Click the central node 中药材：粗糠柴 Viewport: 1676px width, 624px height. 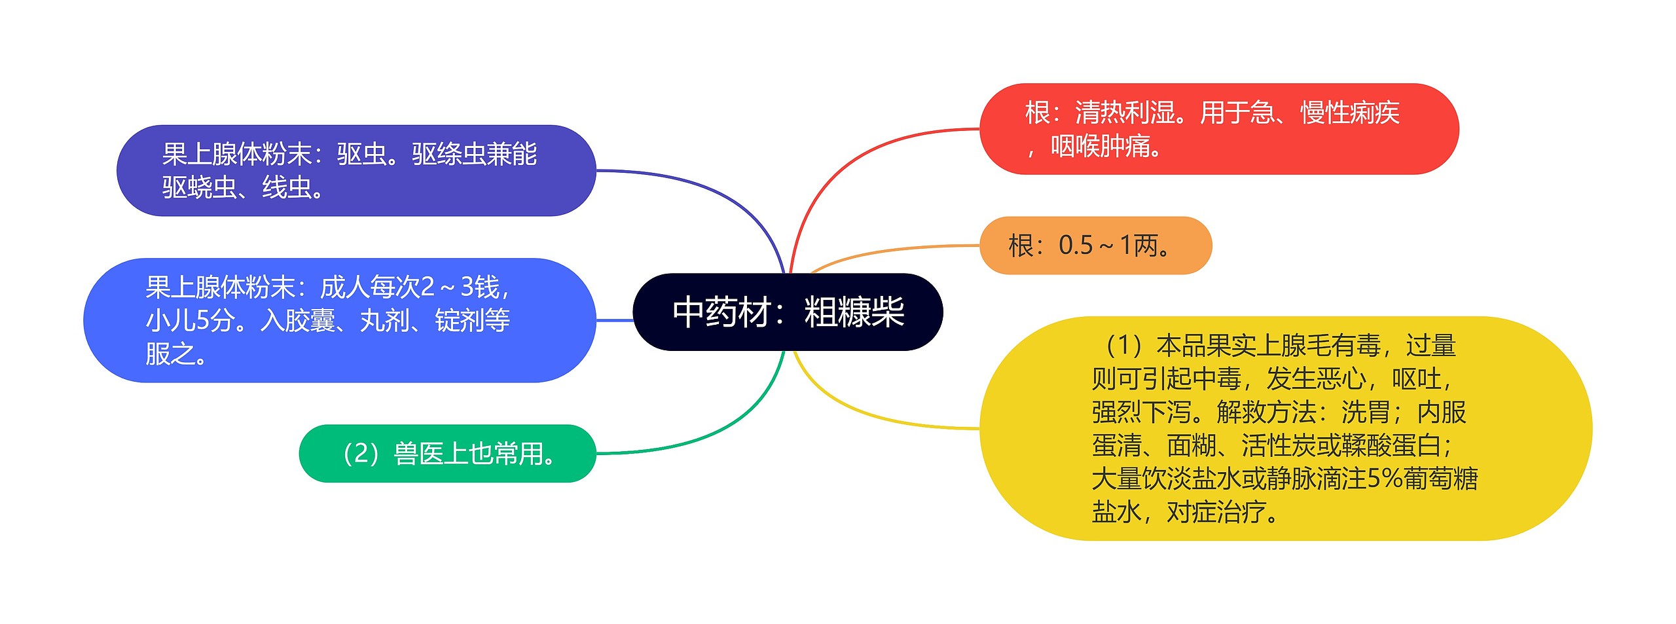pos(788,312)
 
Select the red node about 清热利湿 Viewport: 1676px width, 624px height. pos(1218,129)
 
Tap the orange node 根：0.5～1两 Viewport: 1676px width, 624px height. pos(1095,246)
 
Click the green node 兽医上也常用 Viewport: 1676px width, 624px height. pos(447,453)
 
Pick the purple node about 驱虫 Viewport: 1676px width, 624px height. pos(356,171)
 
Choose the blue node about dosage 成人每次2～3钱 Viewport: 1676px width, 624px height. pos(339,320)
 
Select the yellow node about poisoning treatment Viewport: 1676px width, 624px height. pos(1285,428)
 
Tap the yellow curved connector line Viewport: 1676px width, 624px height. pos(851,409)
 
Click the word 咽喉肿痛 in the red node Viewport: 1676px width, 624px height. pos(1100,146)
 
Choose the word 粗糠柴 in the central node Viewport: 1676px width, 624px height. pos(854,312)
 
